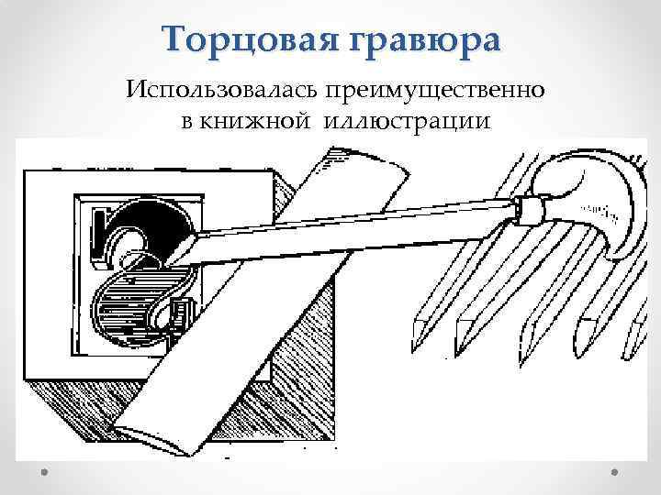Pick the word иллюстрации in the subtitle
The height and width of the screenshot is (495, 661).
coord(405,121)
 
